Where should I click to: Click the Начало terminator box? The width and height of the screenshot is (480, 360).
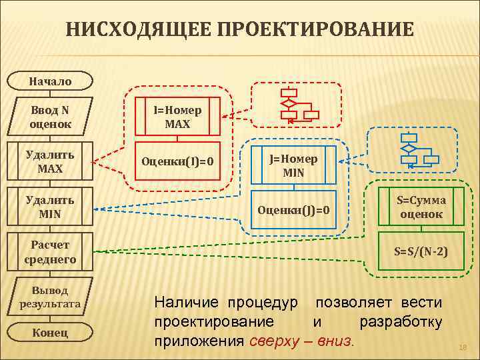[49, 81]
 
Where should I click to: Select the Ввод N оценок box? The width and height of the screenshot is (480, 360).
[49, 117]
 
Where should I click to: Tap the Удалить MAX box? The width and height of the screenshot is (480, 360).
[49, 161]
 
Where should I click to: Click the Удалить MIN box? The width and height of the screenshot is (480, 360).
[49, 207]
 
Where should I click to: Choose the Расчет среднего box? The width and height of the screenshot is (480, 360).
[49, 252]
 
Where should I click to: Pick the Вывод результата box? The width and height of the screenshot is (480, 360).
[49, 297]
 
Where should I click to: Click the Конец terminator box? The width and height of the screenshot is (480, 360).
[49, 333]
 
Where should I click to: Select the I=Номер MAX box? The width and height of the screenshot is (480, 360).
[177, 117]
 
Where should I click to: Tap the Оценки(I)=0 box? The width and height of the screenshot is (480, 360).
[177, 161]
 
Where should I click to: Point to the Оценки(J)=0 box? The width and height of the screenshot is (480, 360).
[293, 211]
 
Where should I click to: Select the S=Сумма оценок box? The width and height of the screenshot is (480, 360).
[421, 207]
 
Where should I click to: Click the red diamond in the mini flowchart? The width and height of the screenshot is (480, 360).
[289, 104]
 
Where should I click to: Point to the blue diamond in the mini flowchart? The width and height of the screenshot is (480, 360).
[408, 148]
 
